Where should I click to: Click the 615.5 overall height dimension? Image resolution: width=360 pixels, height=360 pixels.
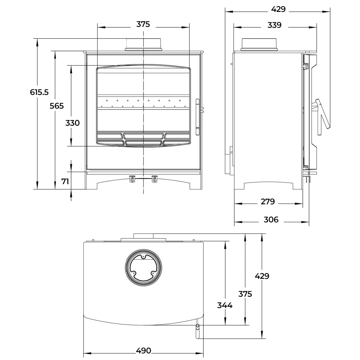coord(39,92)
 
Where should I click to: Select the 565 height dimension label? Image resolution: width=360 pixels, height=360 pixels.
coord(57,106)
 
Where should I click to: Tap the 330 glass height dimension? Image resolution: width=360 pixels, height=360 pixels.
coord(72,123)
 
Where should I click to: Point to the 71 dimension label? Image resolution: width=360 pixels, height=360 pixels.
coord(65,181)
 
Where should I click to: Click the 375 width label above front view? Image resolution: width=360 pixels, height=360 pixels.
coord(143,24)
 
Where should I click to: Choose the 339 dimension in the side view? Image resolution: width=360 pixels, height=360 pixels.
coord(274,25)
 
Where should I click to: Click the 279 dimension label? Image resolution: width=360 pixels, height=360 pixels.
coord(268,202)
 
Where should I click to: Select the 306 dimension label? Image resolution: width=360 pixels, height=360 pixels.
coord(271,219)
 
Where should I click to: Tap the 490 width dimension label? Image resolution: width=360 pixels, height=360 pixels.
coord(144,351)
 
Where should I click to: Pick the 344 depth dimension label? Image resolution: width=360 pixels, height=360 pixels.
coord(224,305)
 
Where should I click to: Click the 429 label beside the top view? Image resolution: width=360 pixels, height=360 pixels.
coord(262,276)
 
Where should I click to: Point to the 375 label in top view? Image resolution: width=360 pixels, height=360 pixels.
coord(245,294)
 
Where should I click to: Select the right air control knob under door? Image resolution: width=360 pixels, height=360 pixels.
coord(155,179)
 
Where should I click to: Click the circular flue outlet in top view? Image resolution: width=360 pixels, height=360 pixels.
coord(144,267)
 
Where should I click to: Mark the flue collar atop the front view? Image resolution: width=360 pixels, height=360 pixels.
coord(144,44)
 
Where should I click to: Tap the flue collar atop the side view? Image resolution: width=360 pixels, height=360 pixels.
coord(260,44)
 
